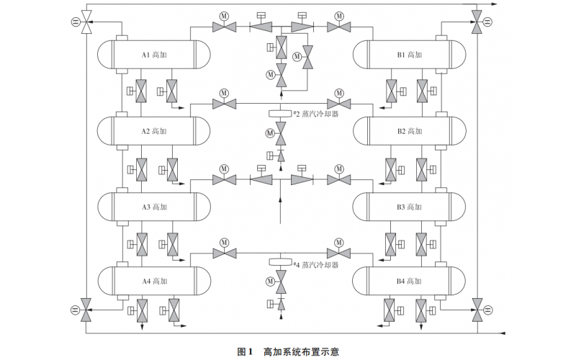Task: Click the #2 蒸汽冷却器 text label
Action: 315,114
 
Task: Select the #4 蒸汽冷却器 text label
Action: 315,264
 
